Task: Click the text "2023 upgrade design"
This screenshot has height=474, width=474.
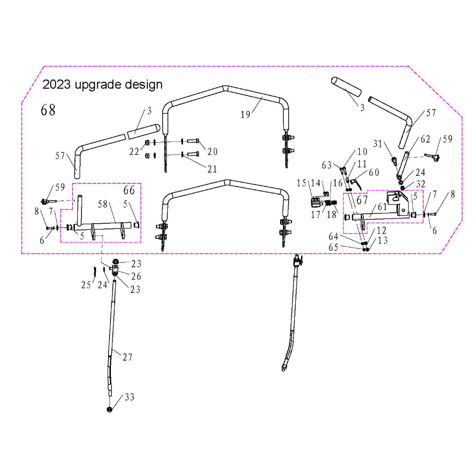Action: click(x=102, y=85)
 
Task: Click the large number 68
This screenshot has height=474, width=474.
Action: click(x=48, y=110)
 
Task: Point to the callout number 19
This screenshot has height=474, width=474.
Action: click(x=245, y=115)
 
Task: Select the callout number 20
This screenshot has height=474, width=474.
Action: click(x=212, y=152)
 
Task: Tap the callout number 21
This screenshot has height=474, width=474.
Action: click(x=212, y=169)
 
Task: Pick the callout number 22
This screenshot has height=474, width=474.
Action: click(x=135, y=152)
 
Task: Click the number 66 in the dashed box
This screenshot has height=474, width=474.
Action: click(x=129, y=191)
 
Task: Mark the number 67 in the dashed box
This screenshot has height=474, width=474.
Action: click(x=363, y=201)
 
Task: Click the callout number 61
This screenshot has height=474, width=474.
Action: click(x=382, y=207)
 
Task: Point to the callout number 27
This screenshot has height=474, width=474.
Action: click(x=128, y=358)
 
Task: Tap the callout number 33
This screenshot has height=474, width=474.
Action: click(x=129, y=397)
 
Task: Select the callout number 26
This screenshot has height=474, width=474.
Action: click(x=136, y=276)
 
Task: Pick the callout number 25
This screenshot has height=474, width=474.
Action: click(x=85, y=285)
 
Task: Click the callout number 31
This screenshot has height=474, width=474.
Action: click(x=377, y=143)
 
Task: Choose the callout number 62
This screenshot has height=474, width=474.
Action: click(x=425, y=139)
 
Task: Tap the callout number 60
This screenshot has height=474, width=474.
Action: click(x=374, y=173)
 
